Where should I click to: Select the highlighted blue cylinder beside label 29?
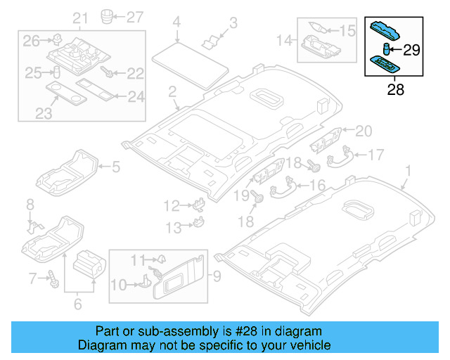(386, 48)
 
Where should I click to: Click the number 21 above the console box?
(81, 18)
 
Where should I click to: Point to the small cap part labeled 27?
(108, 15)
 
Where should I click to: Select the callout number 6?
(77, 304)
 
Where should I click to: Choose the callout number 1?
(409, 170)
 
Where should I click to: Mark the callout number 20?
(362, 130)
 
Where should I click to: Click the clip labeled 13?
(198, 224)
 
